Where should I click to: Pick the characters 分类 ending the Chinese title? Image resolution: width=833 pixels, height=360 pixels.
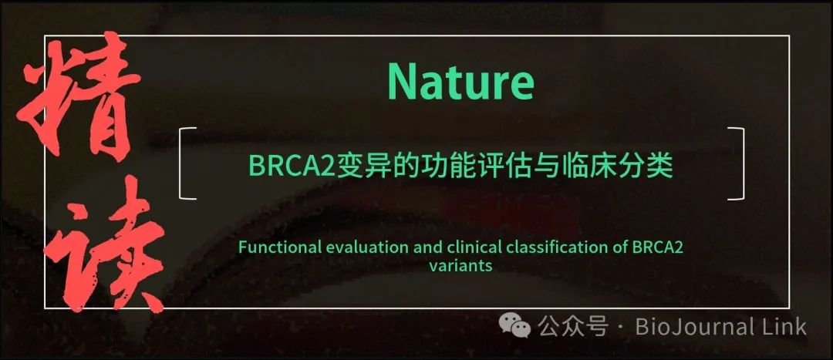(x=649, y=167)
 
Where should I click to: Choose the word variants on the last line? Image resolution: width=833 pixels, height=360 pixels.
(x=460, y=265)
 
